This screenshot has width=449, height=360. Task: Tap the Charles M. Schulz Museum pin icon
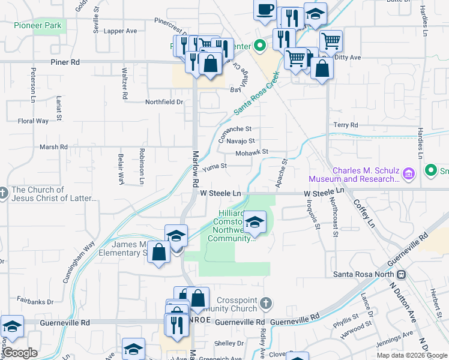click(x=409, y=174)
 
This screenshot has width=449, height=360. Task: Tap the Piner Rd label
click(x=66, y=61)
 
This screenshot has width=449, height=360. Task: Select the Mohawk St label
click(x=251, y=152)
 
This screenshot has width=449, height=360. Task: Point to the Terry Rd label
click(x=345, y=125)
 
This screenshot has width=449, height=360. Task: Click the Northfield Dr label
click(x=164, y=102)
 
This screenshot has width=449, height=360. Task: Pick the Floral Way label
click(x=33, y=121)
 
